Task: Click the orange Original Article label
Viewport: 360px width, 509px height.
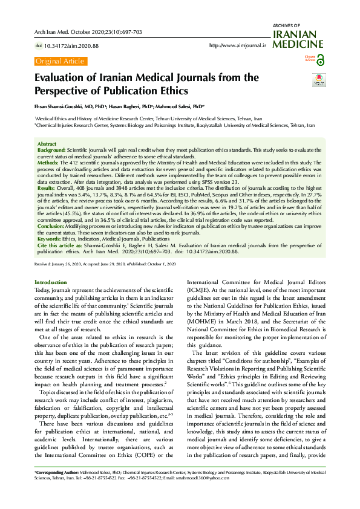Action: (61, 61)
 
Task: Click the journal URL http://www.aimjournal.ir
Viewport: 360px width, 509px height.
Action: (237, 45)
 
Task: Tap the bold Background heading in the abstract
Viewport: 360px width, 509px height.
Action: (51, 148)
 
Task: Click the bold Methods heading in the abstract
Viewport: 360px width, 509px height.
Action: (48, 163)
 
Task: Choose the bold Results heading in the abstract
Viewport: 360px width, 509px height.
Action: (48, 188)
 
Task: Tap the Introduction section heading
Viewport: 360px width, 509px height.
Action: (51, 282)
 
